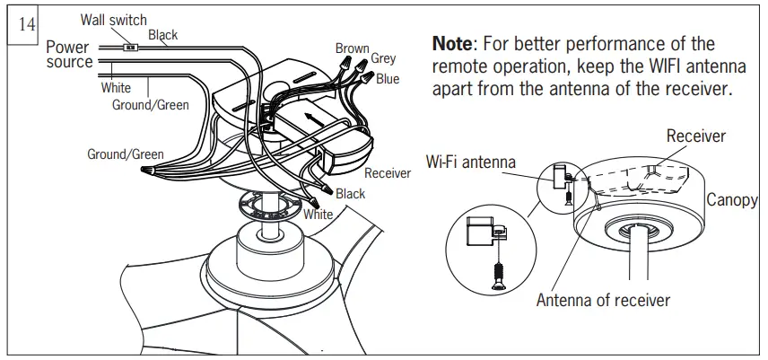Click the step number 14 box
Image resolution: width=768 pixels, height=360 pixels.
coord(22,23)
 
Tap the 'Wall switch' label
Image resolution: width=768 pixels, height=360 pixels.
coord(113,20)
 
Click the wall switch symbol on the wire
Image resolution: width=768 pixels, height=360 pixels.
coord(131,46)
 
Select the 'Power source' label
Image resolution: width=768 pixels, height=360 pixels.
coord(69,54)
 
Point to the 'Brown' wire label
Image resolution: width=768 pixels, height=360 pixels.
coord(352,48)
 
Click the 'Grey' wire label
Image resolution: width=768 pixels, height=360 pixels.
coord(383,59)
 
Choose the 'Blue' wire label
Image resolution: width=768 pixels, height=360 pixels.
coord(388,79)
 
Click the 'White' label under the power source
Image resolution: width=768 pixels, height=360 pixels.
coord(116,88)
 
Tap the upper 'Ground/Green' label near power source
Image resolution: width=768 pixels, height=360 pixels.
coord(150,105)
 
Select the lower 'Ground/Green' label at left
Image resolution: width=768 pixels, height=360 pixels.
coord(125,154)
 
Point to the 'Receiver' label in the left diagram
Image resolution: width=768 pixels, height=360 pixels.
coord(387,173)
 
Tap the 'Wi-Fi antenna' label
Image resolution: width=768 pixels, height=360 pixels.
coord(471,162)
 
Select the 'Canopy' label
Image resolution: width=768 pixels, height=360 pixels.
coord(731,199)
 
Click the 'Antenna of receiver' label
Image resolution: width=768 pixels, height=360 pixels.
coord(603,300)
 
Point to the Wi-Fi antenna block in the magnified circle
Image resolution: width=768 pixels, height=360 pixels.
coord(481,232)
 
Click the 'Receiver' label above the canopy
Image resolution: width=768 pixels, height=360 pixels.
coord(695,136)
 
